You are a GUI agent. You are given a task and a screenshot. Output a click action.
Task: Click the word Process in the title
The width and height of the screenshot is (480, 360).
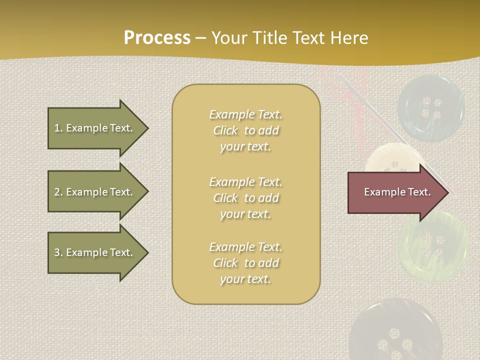coord(157,38)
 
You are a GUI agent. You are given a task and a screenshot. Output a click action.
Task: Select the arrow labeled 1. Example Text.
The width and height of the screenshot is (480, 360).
coord(93,128)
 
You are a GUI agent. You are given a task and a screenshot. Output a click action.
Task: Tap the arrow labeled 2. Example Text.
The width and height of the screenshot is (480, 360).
coord(93,192)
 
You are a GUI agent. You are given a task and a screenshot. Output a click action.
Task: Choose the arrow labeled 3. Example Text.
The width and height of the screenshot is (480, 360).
coord(93,252)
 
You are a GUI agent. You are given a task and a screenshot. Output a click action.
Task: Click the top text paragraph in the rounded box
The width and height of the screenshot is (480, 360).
coord(245,130)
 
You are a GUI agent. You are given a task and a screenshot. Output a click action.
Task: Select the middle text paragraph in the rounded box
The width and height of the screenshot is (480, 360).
coord(245,198)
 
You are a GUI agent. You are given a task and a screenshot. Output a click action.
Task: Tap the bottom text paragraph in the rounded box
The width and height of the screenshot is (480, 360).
coord(245,263)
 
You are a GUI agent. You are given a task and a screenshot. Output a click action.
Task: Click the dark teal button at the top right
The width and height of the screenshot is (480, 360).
coord(431,108)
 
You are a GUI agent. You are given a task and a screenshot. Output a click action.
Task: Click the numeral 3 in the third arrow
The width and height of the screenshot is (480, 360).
coord(56,252)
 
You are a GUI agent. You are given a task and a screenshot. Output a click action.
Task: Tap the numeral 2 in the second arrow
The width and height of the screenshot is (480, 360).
coord(56,192)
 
